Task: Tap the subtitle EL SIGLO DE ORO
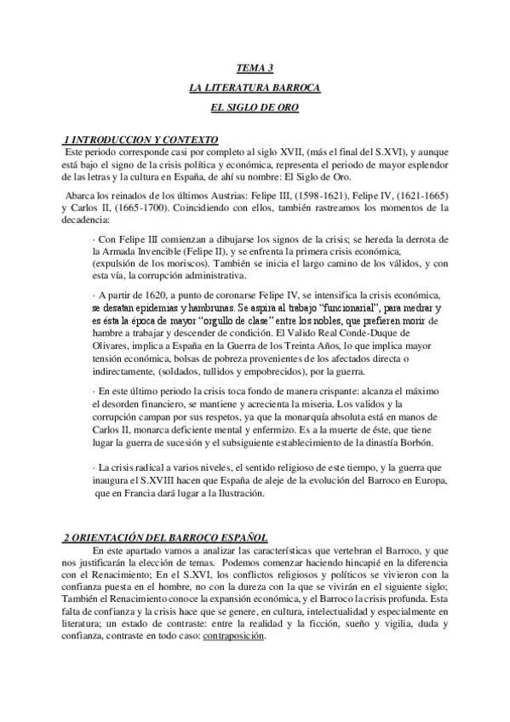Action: [255, 108]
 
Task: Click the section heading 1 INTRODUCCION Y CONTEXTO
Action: [141, 139]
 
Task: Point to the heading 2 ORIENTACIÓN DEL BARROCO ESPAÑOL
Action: [166, 537]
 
